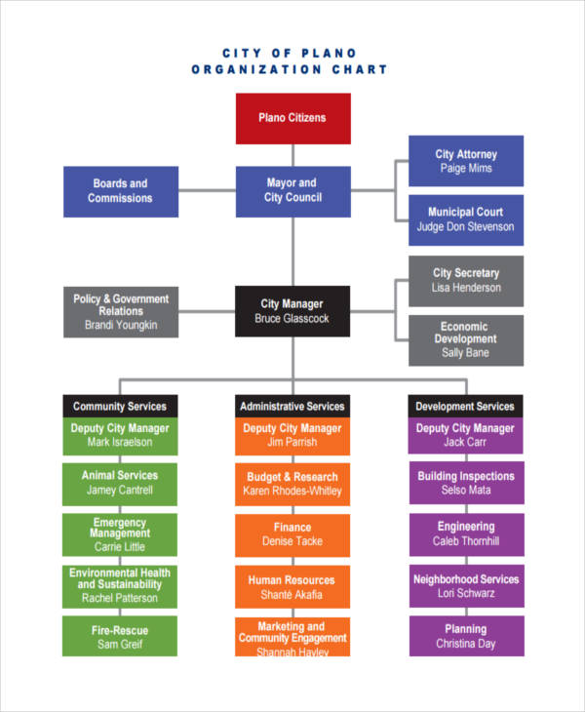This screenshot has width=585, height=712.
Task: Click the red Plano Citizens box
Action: pyautogui.click(x=292, y=118)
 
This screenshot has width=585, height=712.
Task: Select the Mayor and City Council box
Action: pyautogui.click(x=292, y=190)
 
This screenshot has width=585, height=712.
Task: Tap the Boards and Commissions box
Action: pyautogui.click(x=120, y=190)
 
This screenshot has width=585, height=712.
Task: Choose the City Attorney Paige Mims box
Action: pyautogui.click(x=465, y=161)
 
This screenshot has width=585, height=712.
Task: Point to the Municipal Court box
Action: pyautogui.click(x=465, y=219)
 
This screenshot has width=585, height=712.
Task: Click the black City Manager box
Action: pyautogui.click(x=292, y=311)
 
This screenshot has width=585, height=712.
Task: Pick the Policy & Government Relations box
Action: pyautogui.click(x=120, y=312)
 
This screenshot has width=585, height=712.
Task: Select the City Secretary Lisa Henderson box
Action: pyautogui.click(x=465, y=281)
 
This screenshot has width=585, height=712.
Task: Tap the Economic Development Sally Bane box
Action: pyautogui.click(x=465, y=340)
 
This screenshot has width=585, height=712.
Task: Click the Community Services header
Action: pyautogui.click(x=120, y=406)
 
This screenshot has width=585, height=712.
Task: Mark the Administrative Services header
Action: pyautogui.click(x=292, y=406)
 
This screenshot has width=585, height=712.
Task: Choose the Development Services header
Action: pyautogui.click(x=465, y=406)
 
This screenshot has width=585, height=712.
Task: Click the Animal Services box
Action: pyautogui.click(x=120, y=483)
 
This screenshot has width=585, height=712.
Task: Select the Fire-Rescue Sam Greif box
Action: pyautogui.click(x=120, y=635)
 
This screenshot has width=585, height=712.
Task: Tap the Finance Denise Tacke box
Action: pyautogui.click(x=292, y=534)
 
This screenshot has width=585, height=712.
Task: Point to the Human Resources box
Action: pyautogui.click(x=292, y=587)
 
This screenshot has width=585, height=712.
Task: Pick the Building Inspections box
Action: pyautogui.click(x=465, y=483)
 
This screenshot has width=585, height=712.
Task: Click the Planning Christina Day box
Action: pyautogui.click(x=465, y=635)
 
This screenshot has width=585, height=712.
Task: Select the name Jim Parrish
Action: pyautogui.click(x=292, y=442)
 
